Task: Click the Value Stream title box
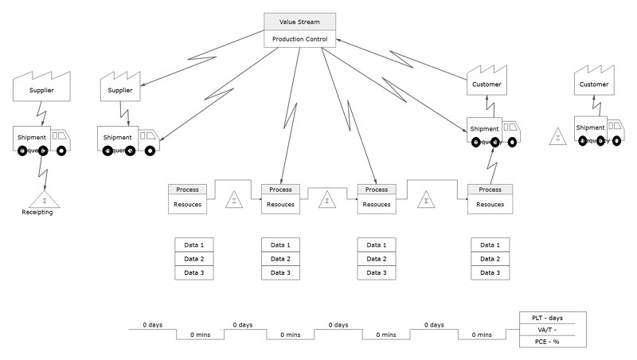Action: tap(299, 22)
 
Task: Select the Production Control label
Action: tap(299, 39)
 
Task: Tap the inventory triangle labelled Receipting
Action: tap(45, 200)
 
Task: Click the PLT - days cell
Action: tap(553, 318)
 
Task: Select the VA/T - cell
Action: tap(553, 330)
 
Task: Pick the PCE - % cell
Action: tap(553, 342)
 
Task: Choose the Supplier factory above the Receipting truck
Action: tap(41, 86)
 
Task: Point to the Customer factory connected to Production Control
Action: tap(487, 80)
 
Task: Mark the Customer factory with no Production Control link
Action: tap(593, 80)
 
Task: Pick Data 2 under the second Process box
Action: tap(281, 259)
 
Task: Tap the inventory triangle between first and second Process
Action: tap(234, 200)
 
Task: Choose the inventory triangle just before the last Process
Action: tap(427, 200)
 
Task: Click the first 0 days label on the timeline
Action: tap(153, 325)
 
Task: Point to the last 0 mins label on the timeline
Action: tap(482, 335)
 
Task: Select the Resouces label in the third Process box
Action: tap(377, 205)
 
